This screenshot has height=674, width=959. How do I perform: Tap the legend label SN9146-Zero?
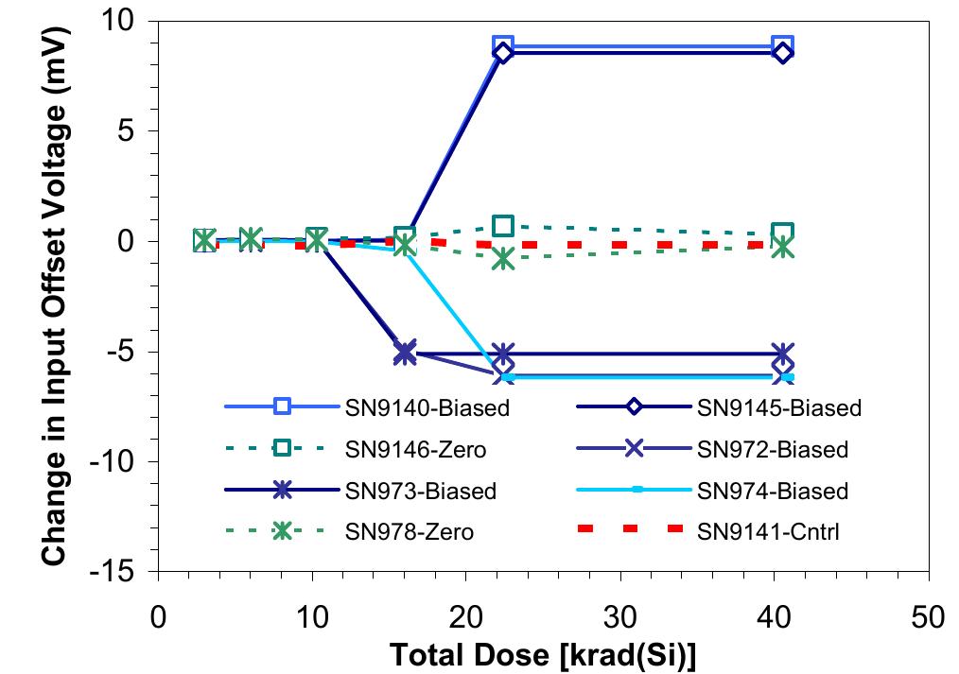[x=416, y=450]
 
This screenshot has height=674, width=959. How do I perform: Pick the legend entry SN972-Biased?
[x=772, y=450]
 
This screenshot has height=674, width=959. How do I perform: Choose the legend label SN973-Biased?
[x=420, y=492]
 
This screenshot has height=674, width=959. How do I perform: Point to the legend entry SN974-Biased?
[x=772, y=492]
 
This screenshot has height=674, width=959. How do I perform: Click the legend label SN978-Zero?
[x=409, y=532]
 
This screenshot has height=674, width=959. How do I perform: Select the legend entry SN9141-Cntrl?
[x=768, y=532]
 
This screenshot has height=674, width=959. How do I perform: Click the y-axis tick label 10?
[x=124, y=20]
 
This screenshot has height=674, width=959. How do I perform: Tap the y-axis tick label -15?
[x=117, y=572]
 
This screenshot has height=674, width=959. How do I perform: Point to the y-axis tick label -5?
[x=124, y=352]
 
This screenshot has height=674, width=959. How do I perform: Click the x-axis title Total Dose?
[x=543, y=654]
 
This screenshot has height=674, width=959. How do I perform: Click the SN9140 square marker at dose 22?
[x=503, y=45]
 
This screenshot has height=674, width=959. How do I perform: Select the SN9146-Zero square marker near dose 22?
[x=503, y=226]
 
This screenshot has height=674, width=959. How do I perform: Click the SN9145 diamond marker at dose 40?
[x=782, y=53]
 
